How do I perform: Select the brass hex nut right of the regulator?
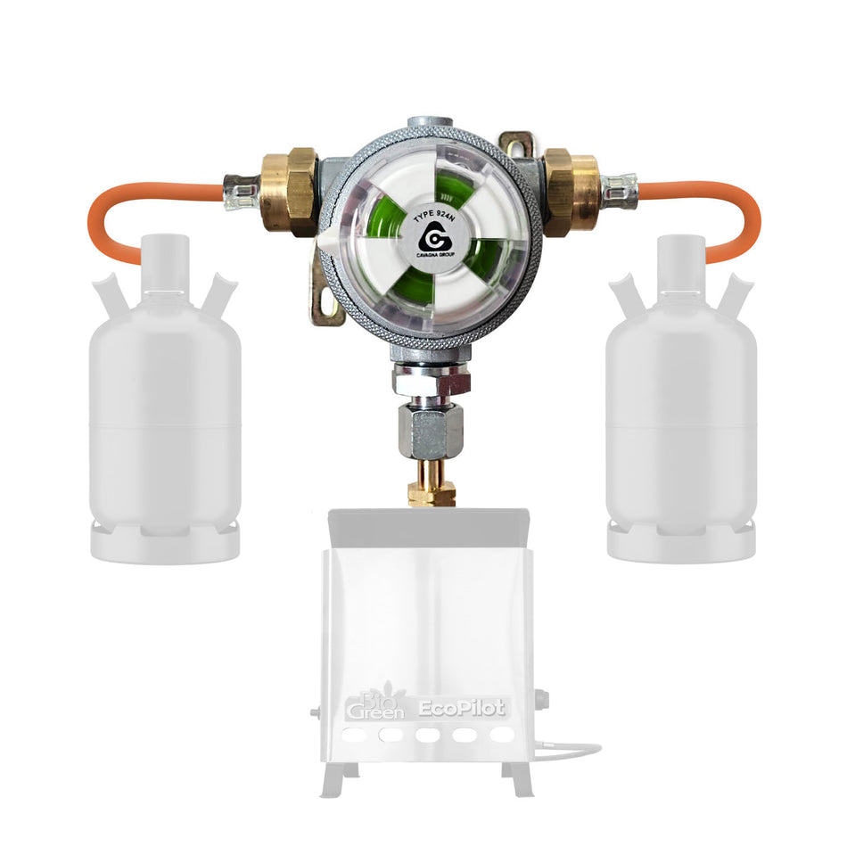572,189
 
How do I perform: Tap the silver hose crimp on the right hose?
620,189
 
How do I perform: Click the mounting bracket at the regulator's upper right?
516,144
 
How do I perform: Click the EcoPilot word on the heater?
463,709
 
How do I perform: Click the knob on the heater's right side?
540,701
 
